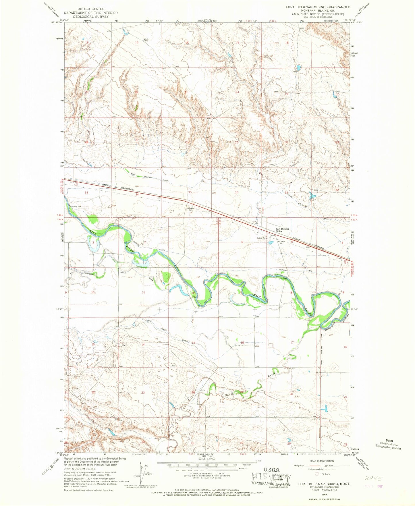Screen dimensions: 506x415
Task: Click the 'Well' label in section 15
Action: click(146, 39)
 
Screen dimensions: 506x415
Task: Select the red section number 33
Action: click(86, 193)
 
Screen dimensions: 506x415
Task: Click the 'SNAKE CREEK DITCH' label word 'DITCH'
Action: click(184, 341)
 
